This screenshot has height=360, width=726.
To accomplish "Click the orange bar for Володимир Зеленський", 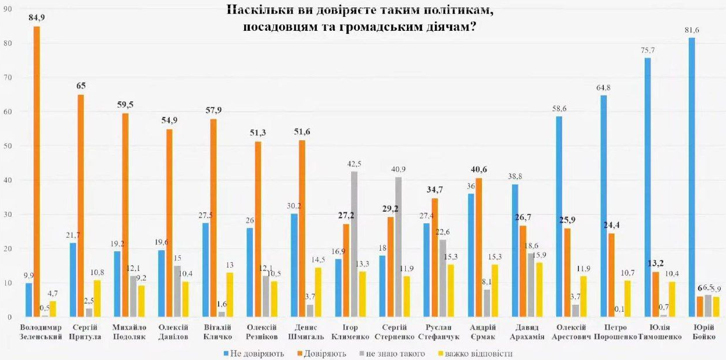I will pos(37,172).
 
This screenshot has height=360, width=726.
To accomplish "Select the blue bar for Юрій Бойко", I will pos(692,177).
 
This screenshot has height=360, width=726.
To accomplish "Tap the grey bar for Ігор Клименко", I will pos(354,244).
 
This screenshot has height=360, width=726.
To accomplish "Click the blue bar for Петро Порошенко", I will pos(603,206).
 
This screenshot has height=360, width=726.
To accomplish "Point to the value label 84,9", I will pos(37,18).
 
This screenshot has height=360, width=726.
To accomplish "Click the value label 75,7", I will pos(647,51).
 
